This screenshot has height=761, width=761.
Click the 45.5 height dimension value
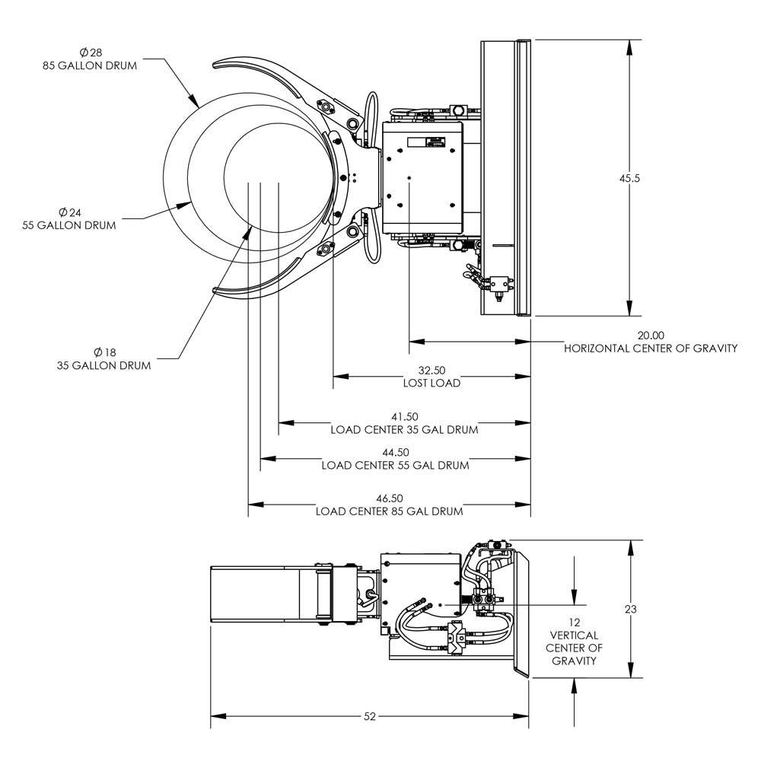point(629,178)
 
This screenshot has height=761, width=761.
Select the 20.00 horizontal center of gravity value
point(651,335)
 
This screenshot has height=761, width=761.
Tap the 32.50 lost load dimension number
point(431,371)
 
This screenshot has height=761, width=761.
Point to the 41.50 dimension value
point(404,416)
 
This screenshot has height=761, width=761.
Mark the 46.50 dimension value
point(389,498)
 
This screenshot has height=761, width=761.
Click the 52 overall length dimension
point(370,716)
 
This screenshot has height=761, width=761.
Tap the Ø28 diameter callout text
point(90,53)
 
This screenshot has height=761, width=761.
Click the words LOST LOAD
point(431,384)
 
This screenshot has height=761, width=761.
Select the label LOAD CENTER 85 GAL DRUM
point(389,511)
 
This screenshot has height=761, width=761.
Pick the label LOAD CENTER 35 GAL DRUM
point(404,430)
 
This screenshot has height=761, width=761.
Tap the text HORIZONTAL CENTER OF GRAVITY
point(651,349)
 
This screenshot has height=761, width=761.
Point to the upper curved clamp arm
point(259,68)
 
